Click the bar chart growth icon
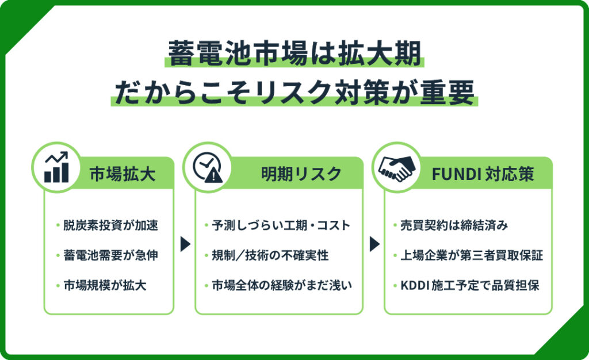56,167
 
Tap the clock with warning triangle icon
208,167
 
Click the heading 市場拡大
123,174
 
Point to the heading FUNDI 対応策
483,174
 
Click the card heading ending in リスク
301,174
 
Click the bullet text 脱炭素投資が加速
110,225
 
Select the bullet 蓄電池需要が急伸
110,255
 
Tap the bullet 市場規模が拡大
105,285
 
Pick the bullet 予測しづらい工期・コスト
281,225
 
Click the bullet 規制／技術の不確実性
270,255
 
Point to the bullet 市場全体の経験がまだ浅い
282,285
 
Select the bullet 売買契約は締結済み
454,225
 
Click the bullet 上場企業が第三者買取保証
472,255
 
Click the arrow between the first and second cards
185,244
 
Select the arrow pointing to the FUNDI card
374,244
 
